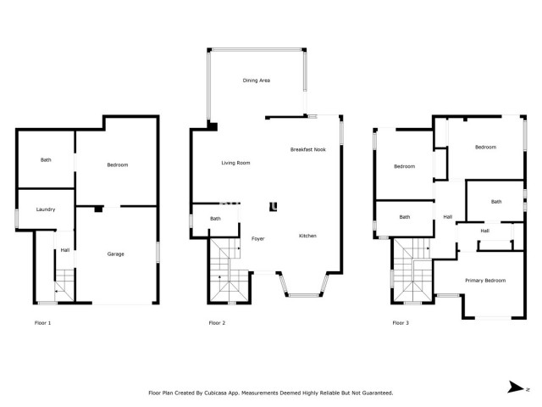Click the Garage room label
(x=115, y=254)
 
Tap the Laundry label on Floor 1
(x=46, y=209)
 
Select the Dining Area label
(x=256, y=81)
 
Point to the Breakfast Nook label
(x=307, y=149)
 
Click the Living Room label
(x=235, y=163)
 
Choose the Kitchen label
(x=307, y=236)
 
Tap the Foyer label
(x=258, y=239)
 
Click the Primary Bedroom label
(x=485, y=280)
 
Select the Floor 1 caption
(x=42, y=323)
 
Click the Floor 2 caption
(x=218, y=323)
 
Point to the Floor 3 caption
(x=401, y=323)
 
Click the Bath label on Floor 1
(x=46, y=159)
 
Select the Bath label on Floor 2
(x=216, y=219)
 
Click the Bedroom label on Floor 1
(x=117, y=164)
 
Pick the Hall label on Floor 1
(x=64, y=249)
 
